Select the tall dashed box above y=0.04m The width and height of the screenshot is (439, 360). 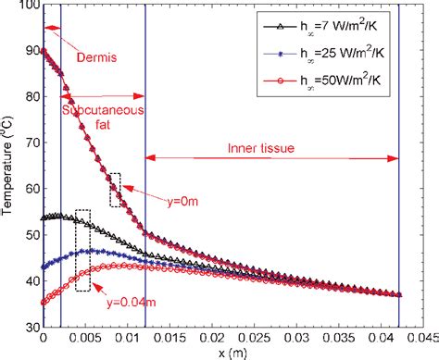tap(82, 250)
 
